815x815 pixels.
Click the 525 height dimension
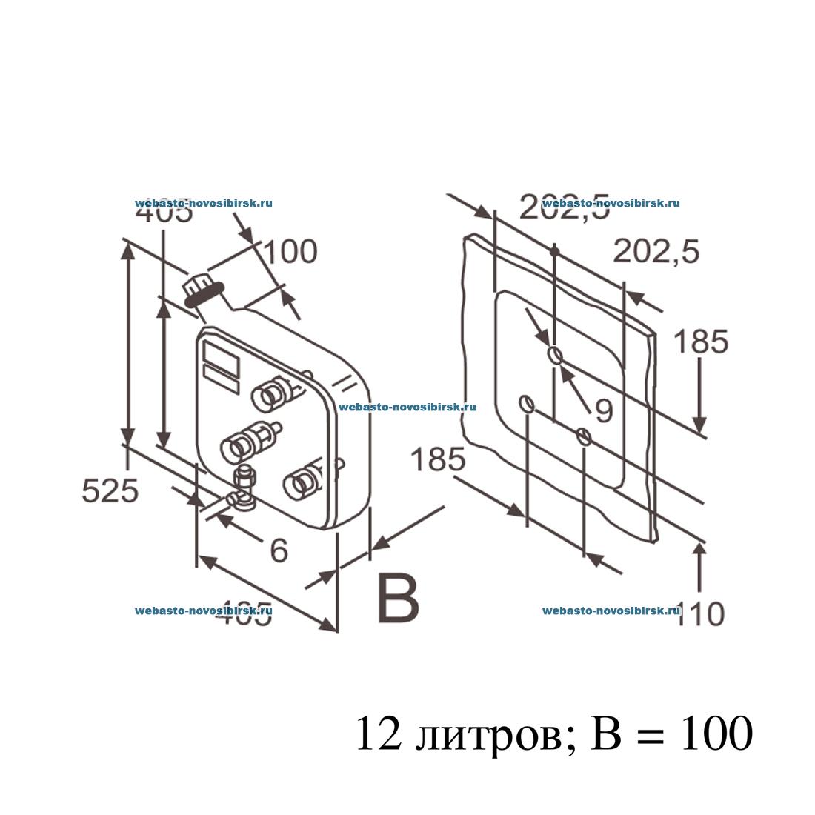[110, 490]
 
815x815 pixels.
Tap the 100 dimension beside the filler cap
[290, 252]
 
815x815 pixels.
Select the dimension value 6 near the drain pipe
[279, 550]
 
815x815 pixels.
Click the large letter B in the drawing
[398, 597]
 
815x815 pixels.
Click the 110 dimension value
[700, 613]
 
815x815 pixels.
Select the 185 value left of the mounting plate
[438, 460]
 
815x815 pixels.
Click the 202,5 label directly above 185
[656, 253]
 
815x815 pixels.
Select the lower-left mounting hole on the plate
[526, 404]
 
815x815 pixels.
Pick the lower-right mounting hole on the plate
[584, 436]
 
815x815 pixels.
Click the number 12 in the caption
[379, 734]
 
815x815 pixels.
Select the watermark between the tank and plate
[407, 407]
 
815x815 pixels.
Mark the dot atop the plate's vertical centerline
[554, 252]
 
